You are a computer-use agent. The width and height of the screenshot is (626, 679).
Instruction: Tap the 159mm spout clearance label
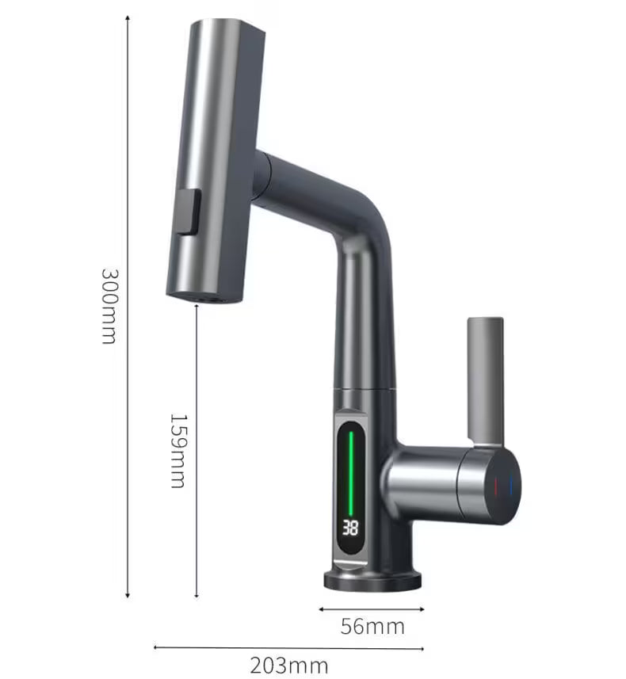point(178,450)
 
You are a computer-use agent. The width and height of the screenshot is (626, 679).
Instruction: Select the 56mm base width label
point(372,627)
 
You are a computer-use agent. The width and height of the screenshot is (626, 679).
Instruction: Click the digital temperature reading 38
point(351,528)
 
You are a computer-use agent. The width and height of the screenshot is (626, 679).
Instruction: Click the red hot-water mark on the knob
point(497,485)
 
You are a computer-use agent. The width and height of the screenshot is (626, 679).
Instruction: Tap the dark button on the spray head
point(187,212)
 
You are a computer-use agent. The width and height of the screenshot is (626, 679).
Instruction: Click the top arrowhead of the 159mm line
point(196,307)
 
